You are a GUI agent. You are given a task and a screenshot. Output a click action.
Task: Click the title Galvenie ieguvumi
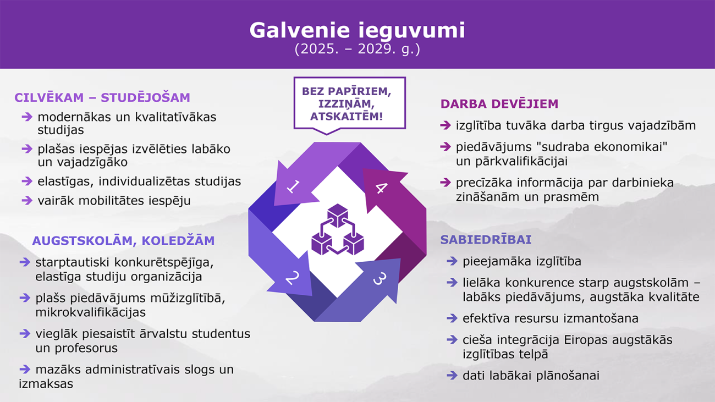pos(357,30)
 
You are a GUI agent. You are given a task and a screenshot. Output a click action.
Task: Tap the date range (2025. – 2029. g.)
pos(357,49)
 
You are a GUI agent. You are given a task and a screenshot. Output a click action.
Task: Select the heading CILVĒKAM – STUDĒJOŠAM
pos(102,98)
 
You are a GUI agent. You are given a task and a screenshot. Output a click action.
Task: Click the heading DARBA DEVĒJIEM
pos(499,104)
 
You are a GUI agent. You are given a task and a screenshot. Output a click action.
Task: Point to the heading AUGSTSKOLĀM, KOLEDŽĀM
pos(123,240)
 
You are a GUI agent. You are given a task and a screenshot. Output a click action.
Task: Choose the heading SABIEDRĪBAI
pos(486,240)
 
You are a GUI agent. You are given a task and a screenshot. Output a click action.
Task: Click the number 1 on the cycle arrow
pos(293,186)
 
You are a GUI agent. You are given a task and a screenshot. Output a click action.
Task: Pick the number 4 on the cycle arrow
pos(381,188)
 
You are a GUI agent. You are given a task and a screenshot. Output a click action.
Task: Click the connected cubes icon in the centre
pos(338,229)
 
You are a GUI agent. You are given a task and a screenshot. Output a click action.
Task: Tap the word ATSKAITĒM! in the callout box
pos(346,116)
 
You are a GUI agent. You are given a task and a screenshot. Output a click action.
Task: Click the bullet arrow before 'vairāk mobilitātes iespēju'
pos(27,200)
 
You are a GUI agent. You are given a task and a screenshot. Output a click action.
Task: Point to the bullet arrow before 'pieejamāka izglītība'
pos(452,261)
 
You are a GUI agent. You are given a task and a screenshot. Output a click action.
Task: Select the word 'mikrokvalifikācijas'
pos(90,312)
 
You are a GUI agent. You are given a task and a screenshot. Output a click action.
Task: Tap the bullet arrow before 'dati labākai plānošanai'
pos(452,375)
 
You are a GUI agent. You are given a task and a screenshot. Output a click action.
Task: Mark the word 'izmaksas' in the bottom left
pos(46,383)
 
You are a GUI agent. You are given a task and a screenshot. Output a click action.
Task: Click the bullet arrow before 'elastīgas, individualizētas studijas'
pos(27,181)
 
